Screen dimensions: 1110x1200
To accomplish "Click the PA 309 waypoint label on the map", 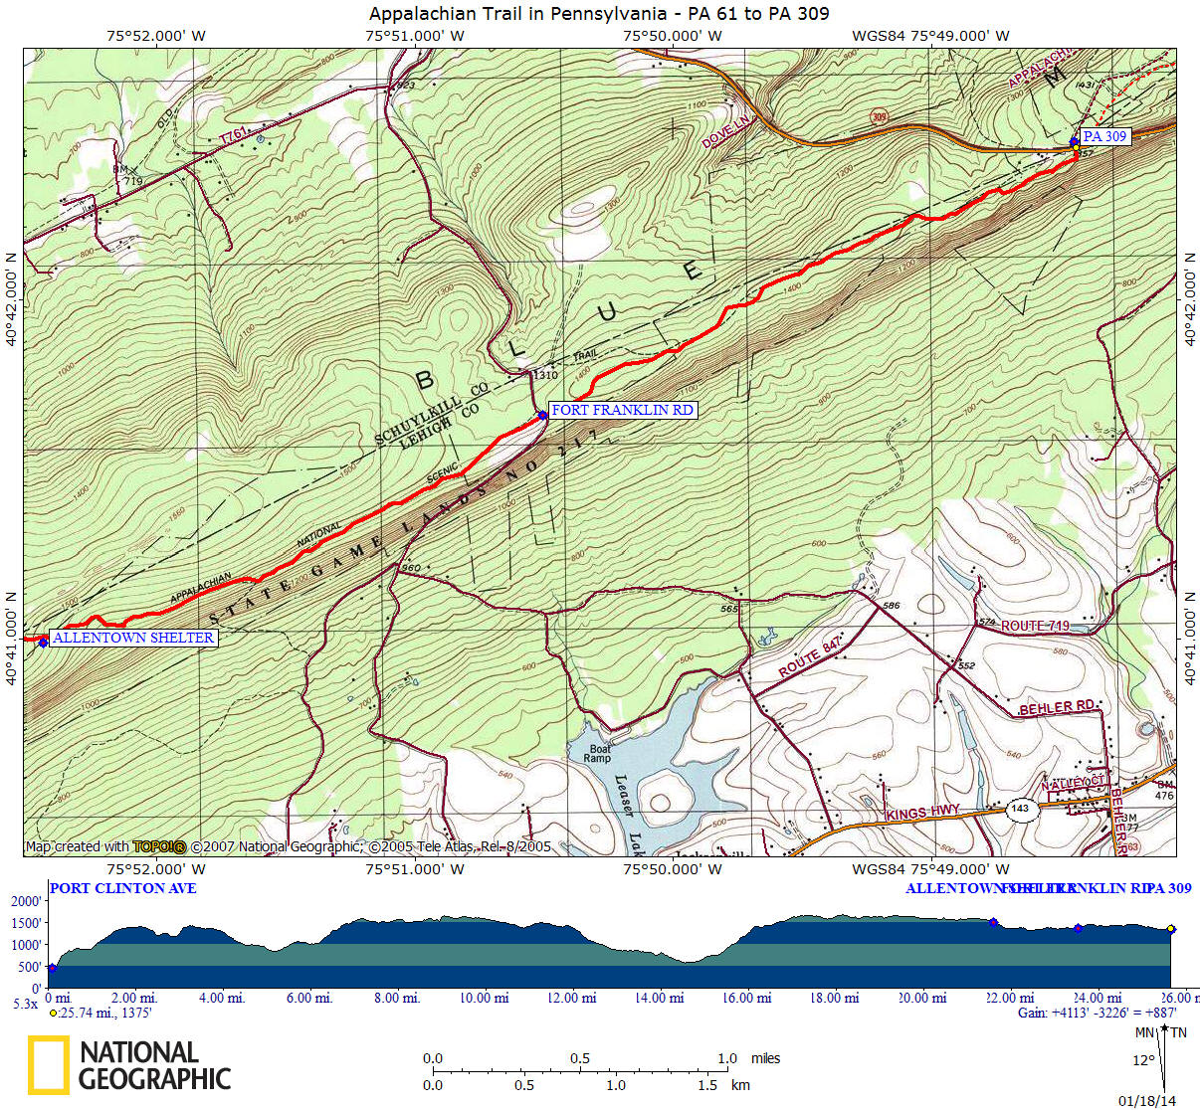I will (x=1104, y=136).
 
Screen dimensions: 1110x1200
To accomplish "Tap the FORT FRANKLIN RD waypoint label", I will (x=622, y=410).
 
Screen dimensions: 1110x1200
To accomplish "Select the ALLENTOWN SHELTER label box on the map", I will (x=133, y=638).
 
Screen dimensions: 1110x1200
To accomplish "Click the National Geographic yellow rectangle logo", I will (x=48, y=1064).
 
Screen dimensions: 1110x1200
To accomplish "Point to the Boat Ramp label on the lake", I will (x=600, y=753).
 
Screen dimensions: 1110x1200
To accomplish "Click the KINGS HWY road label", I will (x=922, y=813).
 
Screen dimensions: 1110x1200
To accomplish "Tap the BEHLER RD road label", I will (x=1057, y=707).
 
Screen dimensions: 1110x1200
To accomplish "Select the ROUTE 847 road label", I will (x=810, y=657).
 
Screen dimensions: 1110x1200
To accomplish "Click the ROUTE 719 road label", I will (x=1035, y=626).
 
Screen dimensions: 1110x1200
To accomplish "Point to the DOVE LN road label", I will (x=724, y=132).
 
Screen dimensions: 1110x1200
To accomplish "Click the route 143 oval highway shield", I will (x=1020, y=808).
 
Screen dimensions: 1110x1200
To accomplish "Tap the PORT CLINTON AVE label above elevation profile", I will (x=122, y=888).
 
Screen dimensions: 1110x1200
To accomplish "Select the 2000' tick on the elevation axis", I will (x=25, y=901).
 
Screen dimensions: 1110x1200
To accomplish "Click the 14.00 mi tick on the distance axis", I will (x=658, y=998).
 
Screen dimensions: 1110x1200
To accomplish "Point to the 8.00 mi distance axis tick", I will (x=396, y=998).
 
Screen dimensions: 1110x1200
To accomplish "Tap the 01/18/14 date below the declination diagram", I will (x=1146, y=1101).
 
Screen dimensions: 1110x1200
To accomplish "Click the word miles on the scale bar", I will (x=765, y=1058).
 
